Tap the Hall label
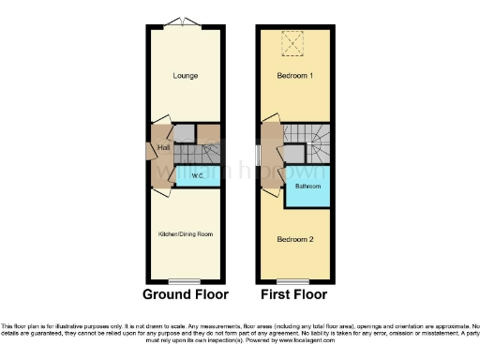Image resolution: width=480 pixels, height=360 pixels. coord(163,148)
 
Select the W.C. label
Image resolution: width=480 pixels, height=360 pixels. coord(198,175)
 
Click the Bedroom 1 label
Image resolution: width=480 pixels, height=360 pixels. coord(293,74)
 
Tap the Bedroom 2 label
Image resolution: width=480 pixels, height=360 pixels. coord(293,238)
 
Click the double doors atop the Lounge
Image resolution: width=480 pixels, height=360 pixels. coord(184,22)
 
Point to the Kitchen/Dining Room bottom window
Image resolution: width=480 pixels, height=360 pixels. coord(184,281)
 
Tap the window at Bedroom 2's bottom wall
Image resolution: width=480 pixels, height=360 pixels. coord(293,281)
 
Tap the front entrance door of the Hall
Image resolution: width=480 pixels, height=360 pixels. coord(150,150)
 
